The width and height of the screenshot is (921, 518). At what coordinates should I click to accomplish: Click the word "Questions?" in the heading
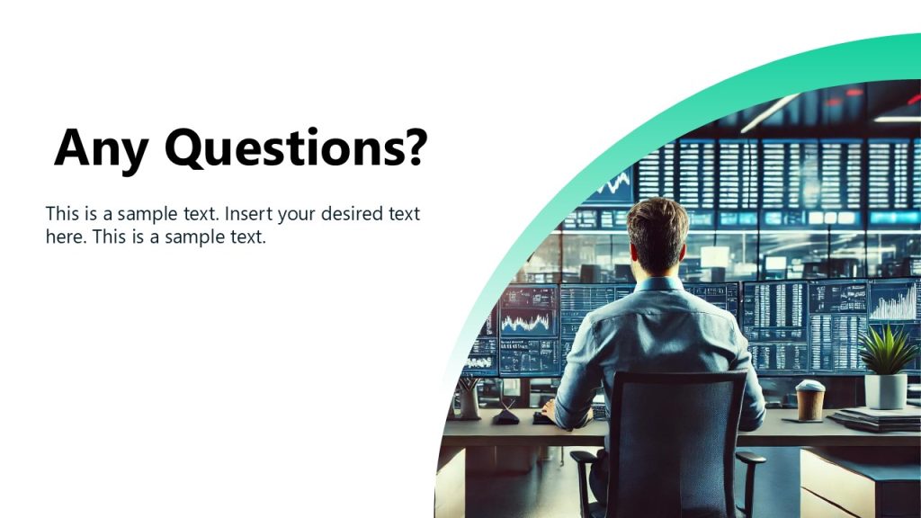coord(295,149)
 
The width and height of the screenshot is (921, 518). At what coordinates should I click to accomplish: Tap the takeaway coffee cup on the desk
coord(809,400)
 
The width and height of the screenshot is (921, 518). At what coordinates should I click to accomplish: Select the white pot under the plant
coord(886,390)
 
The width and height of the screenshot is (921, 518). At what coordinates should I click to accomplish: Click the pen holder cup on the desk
coord(469,401)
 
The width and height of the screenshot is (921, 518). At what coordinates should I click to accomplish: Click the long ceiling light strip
coord(769,112)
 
